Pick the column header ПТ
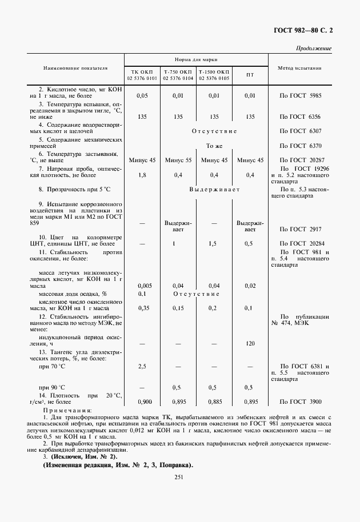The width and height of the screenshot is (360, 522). (250, 75)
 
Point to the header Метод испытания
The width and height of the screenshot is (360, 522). (299, 68)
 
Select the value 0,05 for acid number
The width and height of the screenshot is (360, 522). (142, 95)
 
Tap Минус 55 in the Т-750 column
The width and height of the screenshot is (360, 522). (178, 160)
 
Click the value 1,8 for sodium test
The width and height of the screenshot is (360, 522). (142, 175)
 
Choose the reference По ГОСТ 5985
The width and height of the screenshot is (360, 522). (301, 95)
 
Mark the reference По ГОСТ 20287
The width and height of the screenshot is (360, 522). (301, 160)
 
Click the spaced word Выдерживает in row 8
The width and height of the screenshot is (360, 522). (214, 188)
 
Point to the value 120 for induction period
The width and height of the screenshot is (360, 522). (250, 344)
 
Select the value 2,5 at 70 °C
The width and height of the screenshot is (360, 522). (142, 366)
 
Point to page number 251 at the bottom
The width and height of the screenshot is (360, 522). (177, 477)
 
